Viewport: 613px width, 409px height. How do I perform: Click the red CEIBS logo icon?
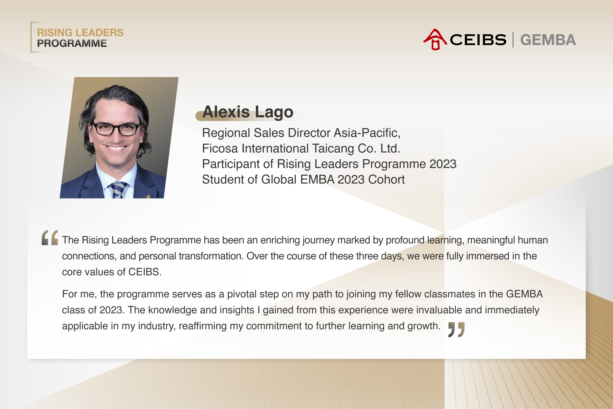[x=435, y=39]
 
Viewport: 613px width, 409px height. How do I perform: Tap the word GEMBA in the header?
[x=548, y=40]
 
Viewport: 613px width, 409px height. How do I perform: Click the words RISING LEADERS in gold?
[x=80, y=33]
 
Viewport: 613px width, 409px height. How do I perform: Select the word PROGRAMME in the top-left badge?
[x=72, y=43]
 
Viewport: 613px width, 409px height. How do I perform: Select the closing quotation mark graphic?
[x=456, y=330]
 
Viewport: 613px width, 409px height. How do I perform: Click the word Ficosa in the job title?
[x=220, y=148]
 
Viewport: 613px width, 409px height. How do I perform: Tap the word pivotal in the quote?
[x=242, y=294]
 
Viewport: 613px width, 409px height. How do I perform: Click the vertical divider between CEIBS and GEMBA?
[x=513, y=40]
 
